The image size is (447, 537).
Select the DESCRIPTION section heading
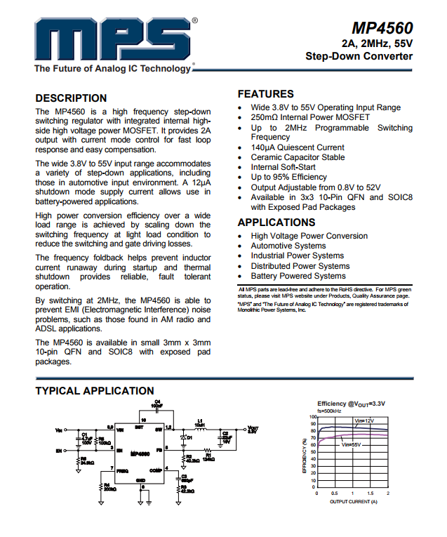pos(71,98)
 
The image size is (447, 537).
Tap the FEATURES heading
pos(266,94)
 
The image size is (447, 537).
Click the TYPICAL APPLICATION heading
pos(95,391)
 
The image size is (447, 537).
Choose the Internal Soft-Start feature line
pos(283,168)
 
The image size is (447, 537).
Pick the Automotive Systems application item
pos(288,246)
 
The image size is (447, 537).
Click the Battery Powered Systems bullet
pos(298,276)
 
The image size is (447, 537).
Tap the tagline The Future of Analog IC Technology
pos(112,69)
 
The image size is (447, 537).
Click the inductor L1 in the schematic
pos(199,427)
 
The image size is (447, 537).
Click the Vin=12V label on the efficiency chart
pos(364,420)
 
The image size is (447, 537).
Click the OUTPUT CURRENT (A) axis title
pos(354,501)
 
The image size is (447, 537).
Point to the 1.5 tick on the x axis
pos(371,494)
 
